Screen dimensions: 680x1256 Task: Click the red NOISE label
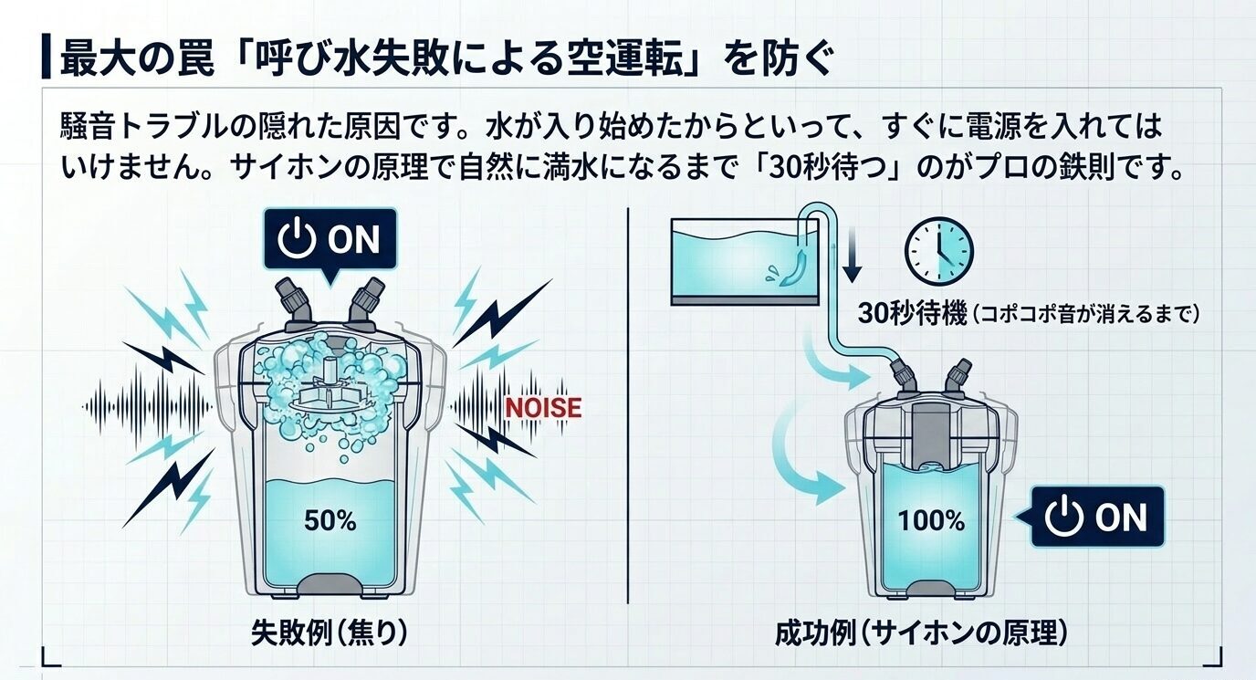pos(543,406)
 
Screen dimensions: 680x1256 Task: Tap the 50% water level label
pos(330,522)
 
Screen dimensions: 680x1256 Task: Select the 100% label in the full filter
pos(931,520)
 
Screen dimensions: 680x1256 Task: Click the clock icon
pos(938,248)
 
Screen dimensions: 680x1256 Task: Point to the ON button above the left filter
pos(330,239)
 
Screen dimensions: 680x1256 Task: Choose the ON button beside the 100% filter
pos(1096,518)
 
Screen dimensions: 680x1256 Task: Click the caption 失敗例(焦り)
pos(329,633)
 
